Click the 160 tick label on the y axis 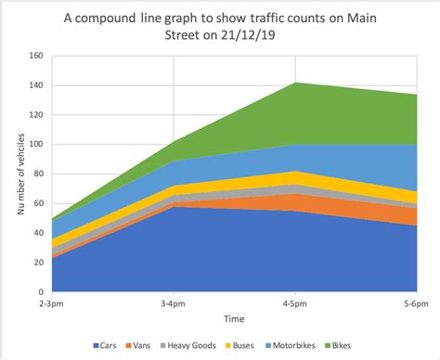coord(36,56)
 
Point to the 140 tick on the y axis coord(36,85)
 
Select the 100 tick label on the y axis coord(36,144)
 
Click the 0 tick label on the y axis coord(41,291)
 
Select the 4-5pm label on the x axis coord(294,304)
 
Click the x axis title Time coord(234,318)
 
